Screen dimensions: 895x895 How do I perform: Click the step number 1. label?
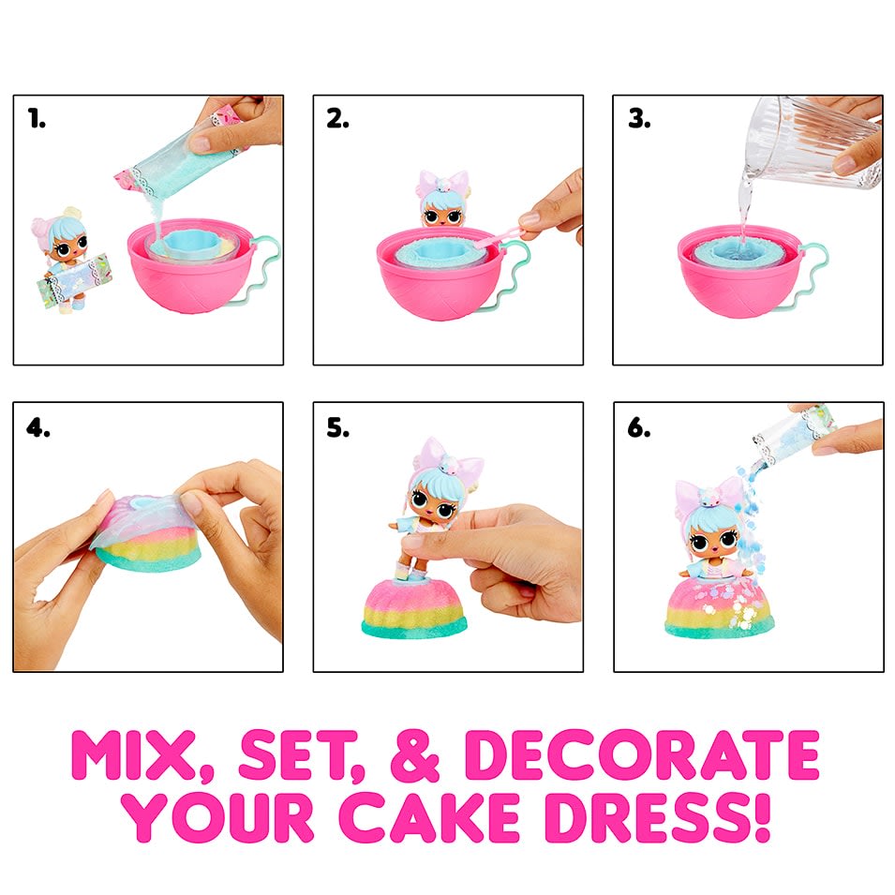coord(37,120)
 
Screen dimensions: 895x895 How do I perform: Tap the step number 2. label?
coord(338,120)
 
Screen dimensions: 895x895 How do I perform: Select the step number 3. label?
coord(639,120)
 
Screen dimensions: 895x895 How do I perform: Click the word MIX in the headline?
coord(150,754)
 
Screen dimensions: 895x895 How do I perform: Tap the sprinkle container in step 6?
coord(783,431)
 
